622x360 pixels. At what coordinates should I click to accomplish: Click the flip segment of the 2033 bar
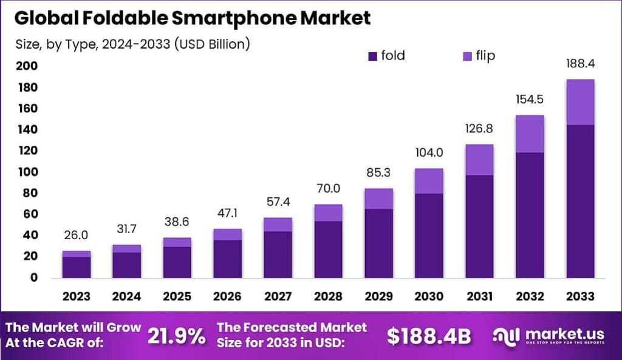[580, 102]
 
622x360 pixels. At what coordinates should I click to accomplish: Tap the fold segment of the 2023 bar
[77, 267]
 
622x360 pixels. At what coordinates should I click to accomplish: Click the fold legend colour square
[372, 56]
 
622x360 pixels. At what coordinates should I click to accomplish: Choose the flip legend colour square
[467, 56]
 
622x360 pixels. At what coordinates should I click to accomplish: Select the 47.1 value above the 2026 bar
[228, 214]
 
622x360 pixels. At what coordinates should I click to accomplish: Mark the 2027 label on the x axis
[278, 296]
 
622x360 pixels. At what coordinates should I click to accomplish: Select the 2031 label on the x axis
[480, 296]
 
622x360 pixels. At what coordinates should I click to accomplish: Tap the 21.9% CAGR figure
[177, 336]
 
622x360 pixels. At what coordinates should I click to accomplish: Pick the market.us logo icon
[507, 336]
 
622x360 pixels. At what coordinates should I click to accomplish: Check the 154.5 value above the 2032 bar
[530, 101]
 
